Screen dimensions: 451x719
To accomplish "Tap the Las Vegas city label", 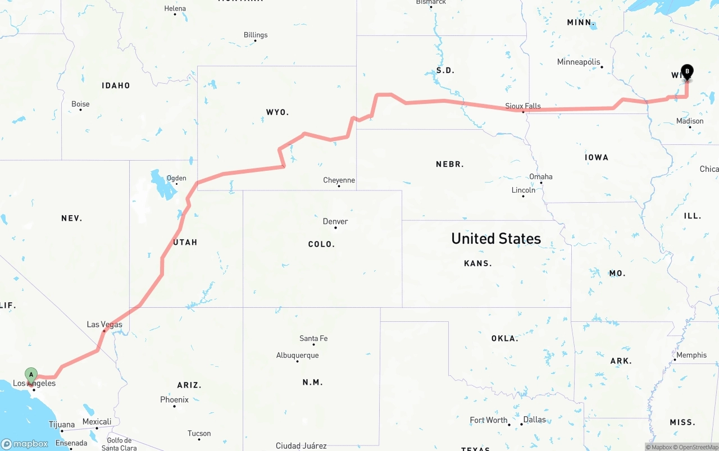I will click(104, 325).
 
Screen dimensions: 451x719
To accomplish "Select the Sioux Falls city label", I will click(523, 106).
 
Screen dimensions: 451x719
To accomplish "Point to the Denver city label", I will click(335, 221).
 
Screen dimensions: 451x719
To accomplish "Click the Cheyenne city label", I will click(339, 180).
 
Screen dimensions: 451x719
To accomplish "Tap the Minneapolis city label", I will click(579, 62).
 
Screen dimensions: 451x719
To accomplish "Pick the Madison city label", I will click(690, 121).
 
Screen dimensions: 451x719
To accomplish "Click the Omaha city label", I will click(541, 176).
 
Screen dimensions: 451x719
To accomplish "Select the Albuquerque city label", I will click(297, 355).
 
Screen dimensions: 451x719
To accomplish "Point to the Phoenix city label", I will click(174, 399).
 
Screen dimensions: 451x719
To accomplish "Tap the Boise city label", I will click(80, 104).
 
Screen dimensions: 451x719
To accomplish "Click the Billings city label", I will click(256, 35).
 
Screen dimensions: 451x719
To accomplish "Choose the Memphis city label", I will click(691, 355).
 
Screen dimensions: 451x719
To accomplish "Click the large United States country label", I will click(496, 238).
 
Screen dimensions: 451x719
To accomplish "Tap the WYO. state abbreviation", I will click(277, 112).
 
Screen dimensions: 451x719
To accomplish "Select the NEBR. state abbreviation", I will click(450, 164).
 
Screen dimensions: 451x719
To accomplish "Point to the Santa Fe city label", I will click(313, 338).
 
